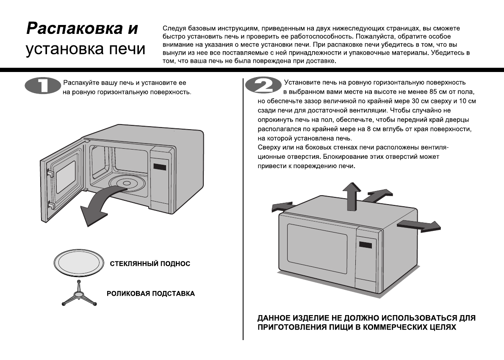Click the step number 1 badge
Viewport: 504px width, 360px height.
42,86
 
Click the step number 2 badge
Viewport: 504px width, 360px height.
263,86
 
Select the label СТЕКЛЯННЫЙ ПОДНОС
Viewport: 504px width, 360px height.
150,264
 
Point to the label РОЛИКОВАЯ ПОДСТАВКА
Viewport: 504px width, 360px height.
150,294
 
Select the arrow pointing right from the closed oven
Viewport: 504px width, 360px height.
419,225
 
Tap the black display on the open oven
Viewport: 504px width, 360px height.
160,166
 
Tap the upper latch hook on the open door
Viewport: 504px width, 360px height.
50,173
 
